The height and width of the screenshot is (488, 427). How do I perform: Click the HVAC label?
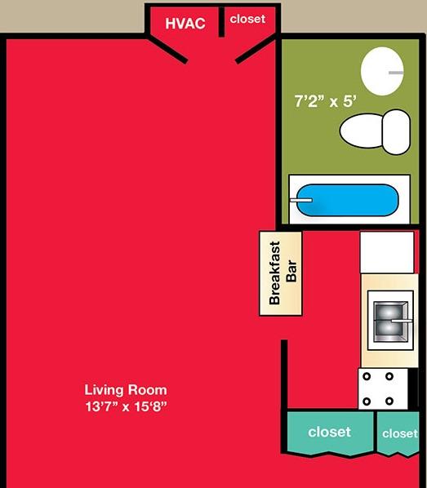point(185,24)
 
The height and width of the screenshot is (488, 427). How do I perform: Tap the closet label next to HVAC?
point(247,19)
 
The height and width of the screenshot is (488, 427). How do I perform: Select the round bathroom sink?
point(382,71)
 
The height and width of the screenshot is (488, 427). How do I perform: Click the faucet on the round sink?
point(396,73)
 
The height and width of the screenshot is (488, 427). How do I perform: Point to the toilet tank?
point(397,132)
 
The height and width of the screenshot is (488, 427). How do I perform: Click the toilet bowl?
point(362,131)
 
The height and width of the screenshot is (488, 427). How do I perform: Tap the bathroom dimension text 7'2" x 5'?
point(326,101)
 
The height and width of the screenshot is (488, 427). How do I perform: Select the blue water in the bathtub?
point(347,200)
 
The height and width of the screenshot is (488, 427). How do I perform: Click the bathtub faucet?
point(301,200)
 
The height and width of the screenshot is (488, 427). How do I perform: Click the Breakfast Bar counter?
point(281,273)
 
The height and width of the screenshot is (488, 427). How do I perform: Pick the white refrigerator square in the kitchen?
point(387,252)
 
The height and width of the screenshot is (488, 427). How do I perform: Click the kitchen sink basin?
point(390,321)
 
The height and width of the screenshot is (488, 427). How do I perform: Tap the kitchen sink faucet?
point(402,321)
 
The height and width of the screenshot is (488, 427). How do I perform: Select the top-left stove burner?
point(367,376)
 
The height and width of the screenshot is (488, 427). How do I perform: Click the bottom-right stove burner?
point(389,401)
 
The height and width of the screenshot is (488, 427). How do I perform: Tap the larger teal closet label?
point(329,432)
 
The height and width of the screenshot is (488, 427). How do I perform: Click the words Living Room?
point(126,390)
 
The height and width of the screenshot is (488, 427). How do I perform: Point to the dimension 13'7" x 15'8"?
point(126,406)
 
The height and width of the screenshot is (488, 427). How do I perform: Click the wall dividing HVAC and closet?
point(221,21)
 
